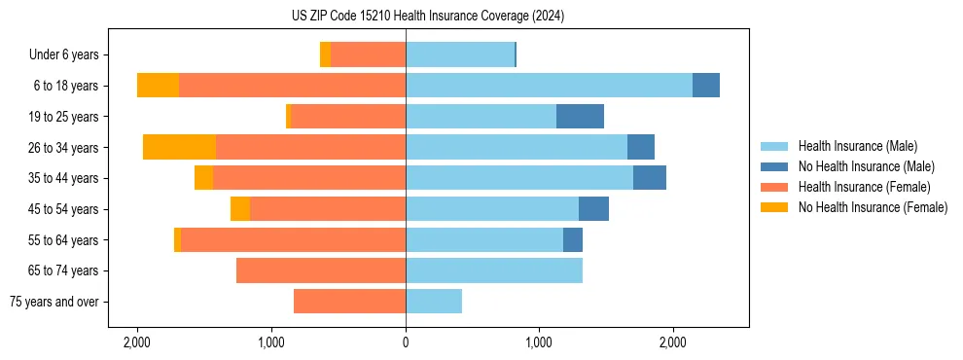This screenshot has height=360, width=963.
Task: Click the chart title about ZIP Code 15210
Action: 427,17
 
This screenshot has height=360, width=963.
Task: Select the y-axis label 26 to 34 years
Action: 63,148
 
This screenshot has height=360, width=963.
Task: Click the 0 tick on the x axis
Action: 406,342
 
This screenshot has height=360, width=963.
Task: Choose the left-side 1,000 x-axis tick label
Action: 271,342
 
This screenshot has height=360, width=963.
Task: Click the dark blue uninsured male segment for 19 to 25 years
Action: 580,117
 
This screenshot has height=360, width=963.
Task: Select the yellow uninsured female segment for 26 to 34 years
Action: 179,147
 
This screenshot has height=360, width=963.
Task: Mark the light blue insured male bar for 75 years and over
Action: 434,302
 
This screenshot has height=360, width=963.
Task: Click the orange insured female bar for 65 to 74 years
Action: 321,270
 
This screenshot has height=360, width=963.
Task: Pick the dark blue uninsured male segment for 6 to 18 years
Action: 706,86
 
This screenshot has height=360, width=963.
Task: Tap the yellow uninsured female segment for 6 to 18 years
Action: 158,86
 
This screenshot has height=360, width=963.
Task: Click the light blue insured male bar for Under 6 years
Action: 459,55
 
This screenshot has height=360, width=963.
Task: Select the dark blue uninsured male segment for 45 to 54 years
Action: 593,209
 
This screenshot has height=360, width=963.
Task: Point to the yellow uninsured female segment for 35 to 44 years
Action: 203,178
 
